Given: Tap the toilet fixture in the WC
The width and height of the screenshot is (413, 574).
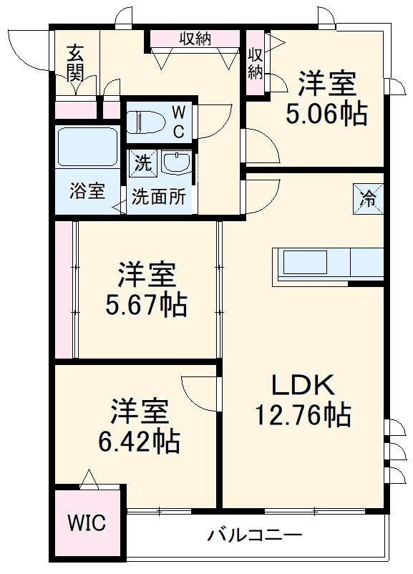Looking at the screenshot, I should click(x=147, y=121).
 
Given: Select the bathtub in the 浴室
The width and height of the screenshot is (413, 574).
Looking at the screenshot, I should click(x=87, y=151).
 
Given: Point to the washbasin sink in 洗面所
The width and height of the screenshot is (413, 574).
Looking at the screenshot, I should click(x=175, y=162).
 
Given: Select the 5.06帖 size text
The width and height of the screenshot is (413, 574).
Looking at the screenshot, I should click(x=326, y=114).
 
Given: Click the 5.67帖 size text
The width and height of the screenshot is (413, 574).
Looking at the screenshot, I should click(x=147, y=305).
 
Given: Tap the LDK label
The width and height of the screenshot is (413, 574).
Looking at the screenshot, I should click(x=302, y=385).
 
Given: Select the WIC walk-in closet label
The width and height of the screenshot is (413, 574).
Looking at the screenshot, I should click(x=87, y=522).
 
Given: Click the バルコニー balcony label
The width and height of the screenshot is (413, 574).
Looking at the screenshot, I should click(x=255, y=535).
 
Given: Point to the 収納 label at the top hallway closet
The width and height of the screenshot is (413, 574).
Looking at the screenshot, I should click(x=195, y=39).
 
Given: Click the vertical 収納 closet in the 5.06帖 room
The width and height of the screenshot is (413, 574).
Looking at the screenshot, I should click(x=255, y=62).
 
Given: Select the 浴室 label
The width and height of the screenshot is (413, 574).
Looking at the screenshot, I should click(x=87, y=191).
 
